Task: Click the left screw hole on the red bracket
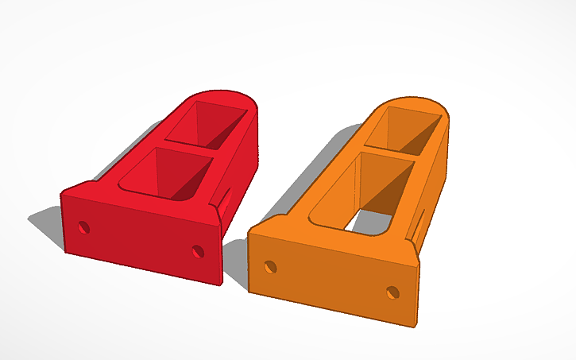click(83, 228)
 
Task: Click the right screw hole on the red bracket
click(199, 251)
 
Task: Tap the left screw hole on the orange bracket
click(271, 266)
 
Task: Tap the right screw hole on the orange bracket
click(392, 292)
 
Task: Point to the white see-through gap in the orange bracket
click(365, 222)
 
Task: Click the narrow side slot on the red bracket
click(227, 198)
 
